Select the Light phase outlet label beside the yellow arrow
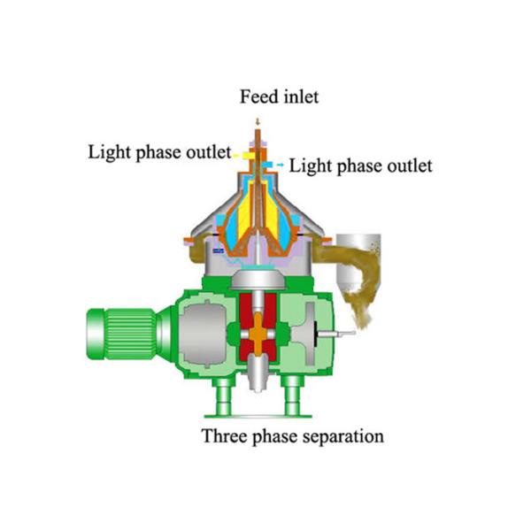[x=158, y=150]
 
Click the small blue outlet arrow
[x=279, y=165]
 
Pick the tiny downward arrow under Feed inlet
[x=258, y=121]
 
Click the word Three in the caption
[x=223, y=435]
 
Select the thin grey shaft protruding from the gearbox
[x=338, y=334]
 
